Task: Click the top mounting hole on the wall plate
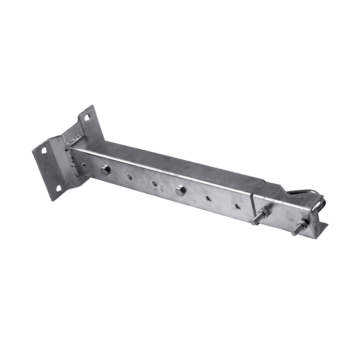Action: pos(87,117)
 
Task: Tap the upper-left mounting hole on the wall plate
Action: pos(44,150)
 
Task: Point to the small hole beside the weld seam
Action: pos(84,165)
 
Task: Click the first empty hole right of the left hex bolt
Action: pos(130,177)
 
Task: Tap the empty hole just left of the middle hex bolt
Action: pos(154,184)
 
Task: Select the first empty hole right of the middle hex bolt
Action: pos(208,198)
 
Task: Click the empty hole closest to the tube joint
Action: pos(237,206)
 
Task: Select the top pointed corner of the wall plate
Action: pos(93,106)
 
